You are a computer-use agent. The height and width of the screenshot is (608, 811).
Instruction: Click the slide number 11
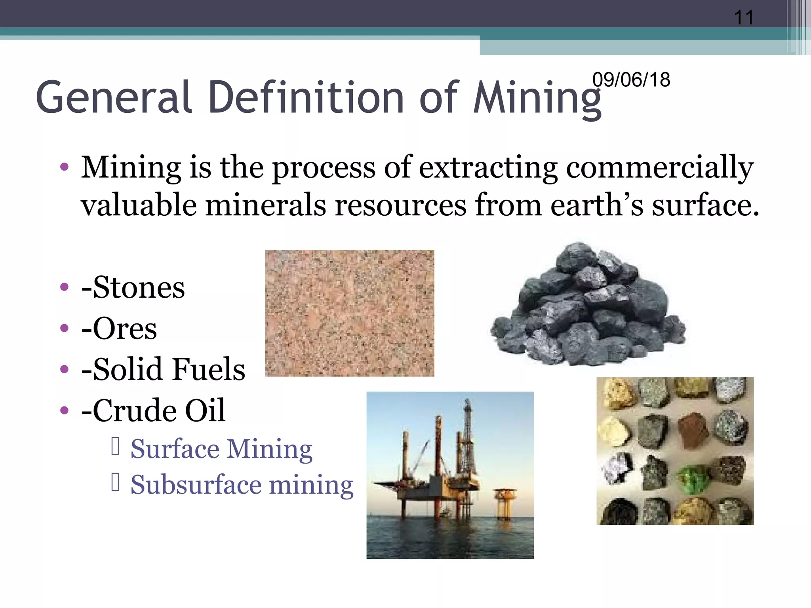pyautogui.click(x=744, y=17)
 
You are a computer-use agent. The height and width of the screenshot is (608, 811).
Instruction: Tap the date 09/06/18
pyautogui.click(x=631, y=80)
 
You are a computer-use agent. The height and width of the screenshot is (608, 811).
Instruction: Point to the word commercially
pyautogui.click(x=660, y=168)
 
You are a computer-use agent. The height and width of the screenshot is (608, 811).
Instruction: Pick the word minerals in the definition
pyautogui.click(x=266, y=205)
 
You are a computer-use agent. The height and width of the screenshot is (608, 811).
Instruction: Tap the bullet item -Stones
pyautogui.click(x=133, y=287)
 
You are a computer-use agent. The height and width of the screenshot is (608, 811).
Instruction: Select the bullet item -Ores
pyautogui.click(x=119, y=329)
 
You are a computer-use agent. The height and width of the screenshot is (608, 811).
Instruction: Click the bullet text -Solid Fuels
pyautogui.click(x=163, y=369)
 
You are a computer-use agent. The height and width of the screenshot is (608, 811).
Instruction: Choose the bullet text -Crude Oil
pyautogui.click(x=153, y=410)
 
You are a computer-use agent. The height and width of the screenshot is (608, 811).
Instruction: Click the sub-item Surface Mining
pyautogui.click(x=221, y=449)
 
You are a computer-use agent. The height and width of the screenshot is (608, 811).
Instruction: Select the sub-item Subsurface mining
pyautogui.click(x=242, y=485)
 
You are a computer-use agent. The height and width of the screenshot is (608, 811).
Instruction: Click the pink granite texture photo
pyautogui.click(x=350, y=313)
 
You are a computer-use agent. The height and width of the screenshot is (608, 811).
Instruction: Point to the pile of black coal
pyautogui.click(x=588, y=307)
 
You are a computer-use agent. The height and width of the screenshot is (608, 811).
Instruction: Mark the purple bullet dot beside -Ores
pyautogui.click(x=64, y=328)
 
